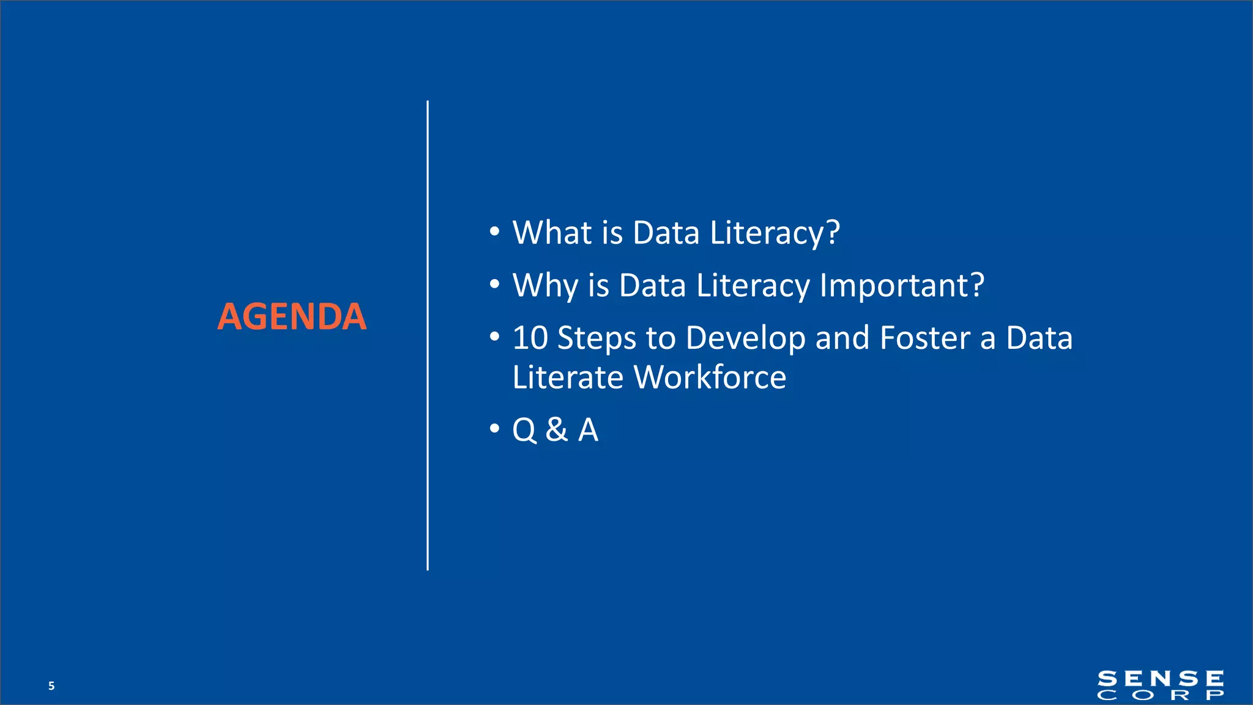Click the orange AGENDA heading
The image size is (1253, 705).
(292, 317)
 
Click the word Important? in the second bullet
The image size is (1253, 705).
(902, 286)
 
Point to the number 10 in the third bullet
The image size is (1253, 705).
(530, 338)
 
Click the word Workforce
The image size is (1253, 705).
(710, 378)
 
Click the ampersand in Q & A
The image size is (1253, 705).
(556, 430)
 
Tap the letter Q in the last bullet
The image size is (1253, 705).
(524, 430)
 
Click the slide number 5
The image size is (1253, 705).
(51, 686)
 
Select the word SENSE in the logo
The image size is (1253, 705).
(1161, 679)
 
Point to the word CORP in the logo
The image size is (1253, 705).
(1161, 695)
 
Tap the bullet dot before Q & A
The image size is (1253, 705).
(494, 428)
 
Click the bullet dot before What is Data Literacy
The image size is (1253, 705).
(494, 232)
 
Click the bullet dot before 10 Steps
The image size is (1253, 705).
(494, 337)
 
